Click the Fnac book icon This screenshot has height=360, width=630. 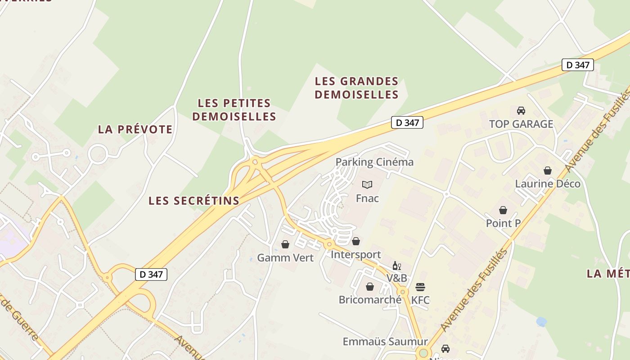point(367,184)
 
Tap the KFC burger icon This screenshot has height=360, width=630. point(420,287)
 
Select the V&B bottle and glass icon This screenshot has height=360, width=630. point(396,265)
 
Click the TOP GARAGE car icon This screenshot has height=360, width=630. point(521,111)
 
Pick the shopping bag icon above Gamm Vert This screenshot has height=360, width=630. point(285,244)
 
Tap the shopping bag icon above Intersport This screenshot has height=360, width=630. point(356,242)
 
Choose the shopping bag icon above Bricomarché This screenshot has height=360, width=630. point(370,287)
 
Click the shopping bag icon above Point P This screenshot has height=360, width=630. point(503,210)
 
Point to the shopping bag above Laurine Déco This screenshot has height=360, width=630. point(548,171)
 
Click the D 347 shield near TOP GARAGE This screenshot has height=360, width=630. point(578,65)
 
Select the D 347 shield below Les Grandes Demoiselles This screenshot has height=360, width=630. point(407,122)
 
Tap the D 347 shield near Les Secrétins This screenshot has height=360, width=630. point(151,274)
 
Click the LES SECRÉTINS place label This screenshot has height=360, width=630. point(194,201)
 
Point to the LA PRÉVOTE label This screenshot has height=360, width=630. point(135,130)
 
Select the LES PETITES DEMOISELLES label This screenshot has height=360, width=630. point(234,110)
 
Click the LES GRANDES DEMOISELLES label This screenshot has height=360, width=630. point(356,88)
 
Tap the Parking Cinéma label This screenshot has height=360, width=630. point(374,162)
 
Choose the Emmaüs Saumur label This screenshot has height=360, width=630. point(385,342)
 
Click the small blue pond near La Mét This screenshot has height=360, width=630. point(541,322)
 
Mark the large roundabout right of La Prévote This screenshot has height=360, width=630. point(98,155)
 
